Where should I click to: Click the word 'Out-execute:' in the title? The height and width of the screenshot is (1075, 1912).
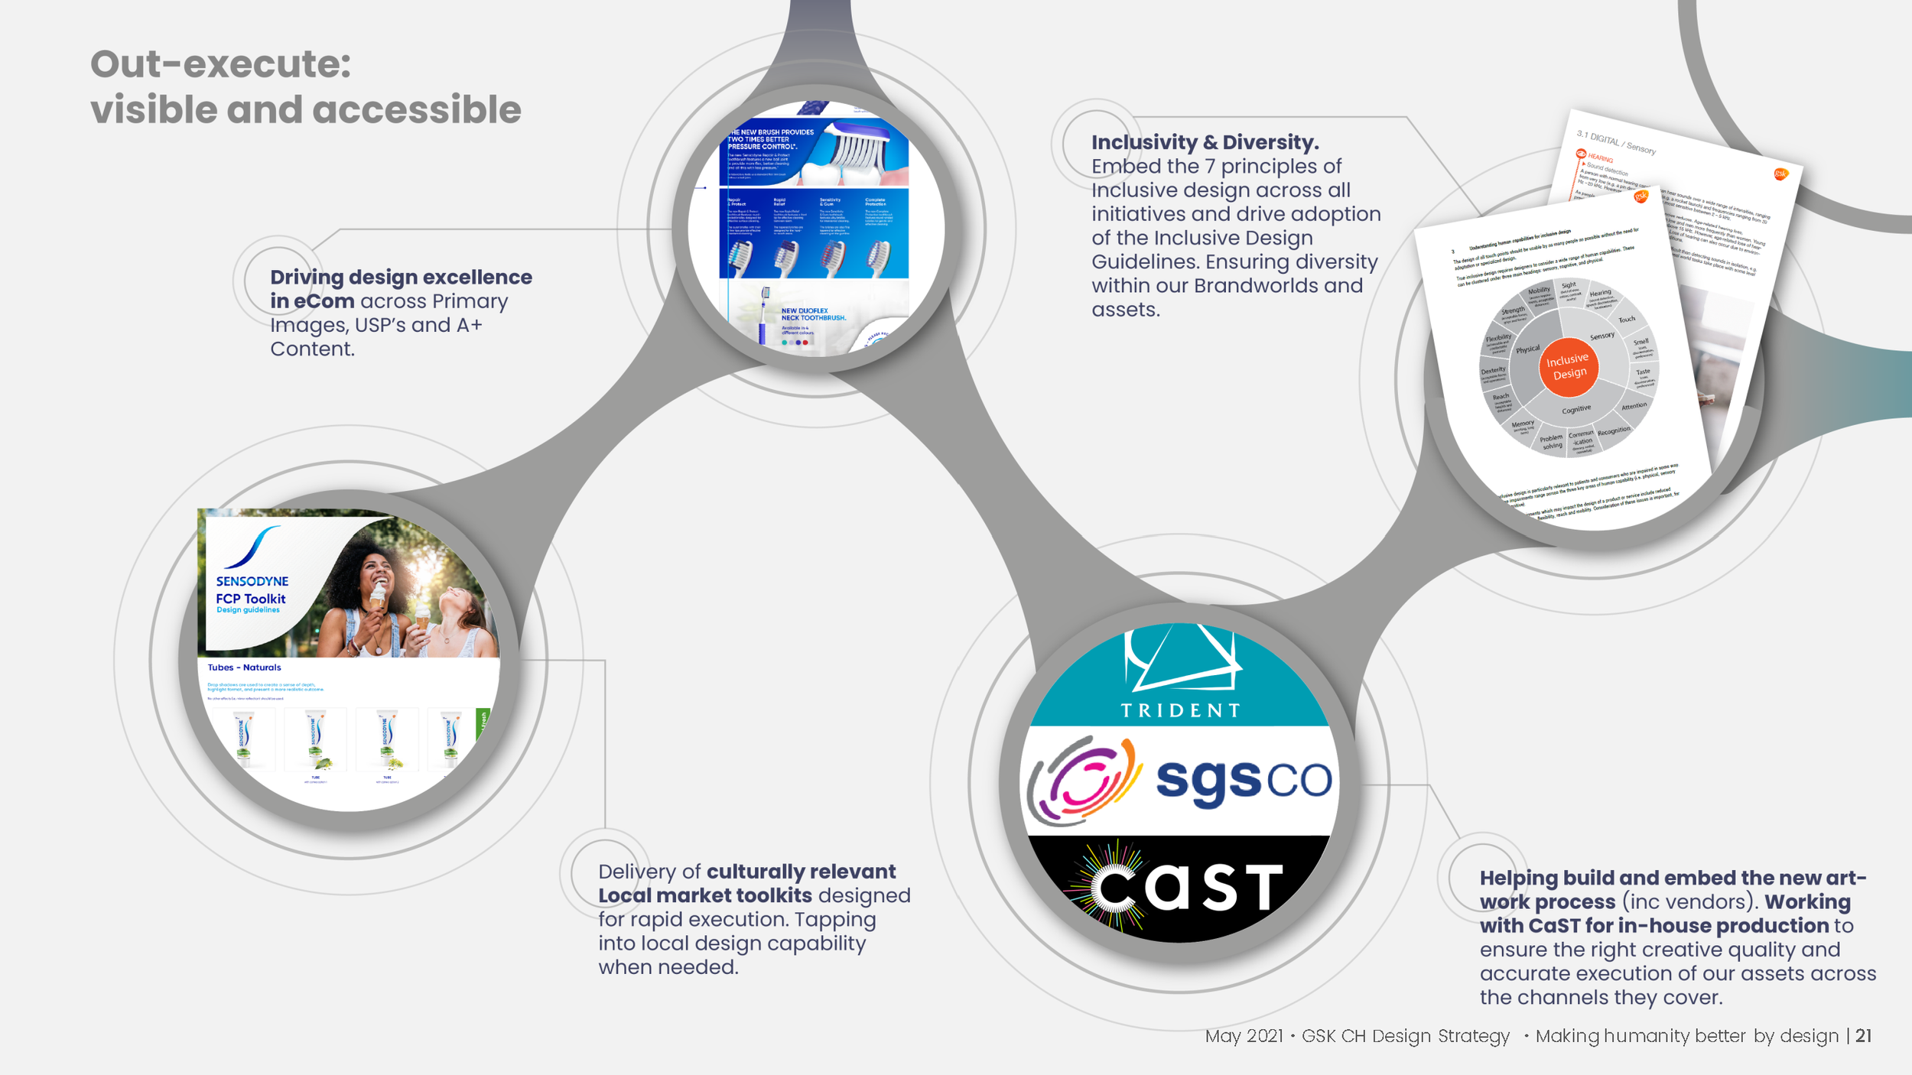(220, 64)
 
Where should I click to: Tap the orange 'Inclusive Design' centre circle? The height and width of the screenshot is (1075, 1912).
(1568, 367)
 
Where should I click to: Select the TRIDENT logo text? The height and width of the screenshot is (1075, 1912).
(1180, 710)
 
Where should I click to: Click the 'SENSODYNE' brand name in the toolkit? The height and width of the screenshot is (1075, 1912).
(252, 582)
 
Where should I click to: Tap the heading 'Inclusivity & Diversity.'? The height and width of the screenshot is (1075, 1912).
(1205, 142)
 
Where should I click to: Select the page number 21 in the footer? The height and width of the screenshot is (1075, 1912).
(1863, 1036)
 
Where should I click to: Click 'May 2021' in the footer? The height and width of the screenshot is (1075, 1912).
(1244, 1036)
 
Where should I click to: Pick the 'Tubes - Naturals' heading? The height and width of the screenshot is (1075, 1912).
(244, 667)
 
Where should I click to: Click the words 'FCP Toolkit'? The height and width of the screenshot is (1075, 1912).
(251, 599)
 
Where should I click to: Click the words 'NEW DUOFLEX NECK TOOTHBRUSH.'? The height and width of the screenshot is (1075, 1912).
(812, 314)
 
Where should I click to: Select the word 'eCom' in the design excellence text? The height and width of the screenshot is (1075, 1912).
(324, 301)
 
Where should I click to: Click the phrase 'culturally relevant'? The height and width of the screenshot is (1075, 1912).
(801, 872)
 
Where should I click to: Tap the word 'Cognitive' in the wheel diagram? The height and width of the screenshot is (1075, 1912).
(1575, 410)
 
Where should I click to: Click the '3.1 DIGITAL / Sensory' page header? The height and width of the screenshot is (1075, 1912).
(1615, 142)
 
